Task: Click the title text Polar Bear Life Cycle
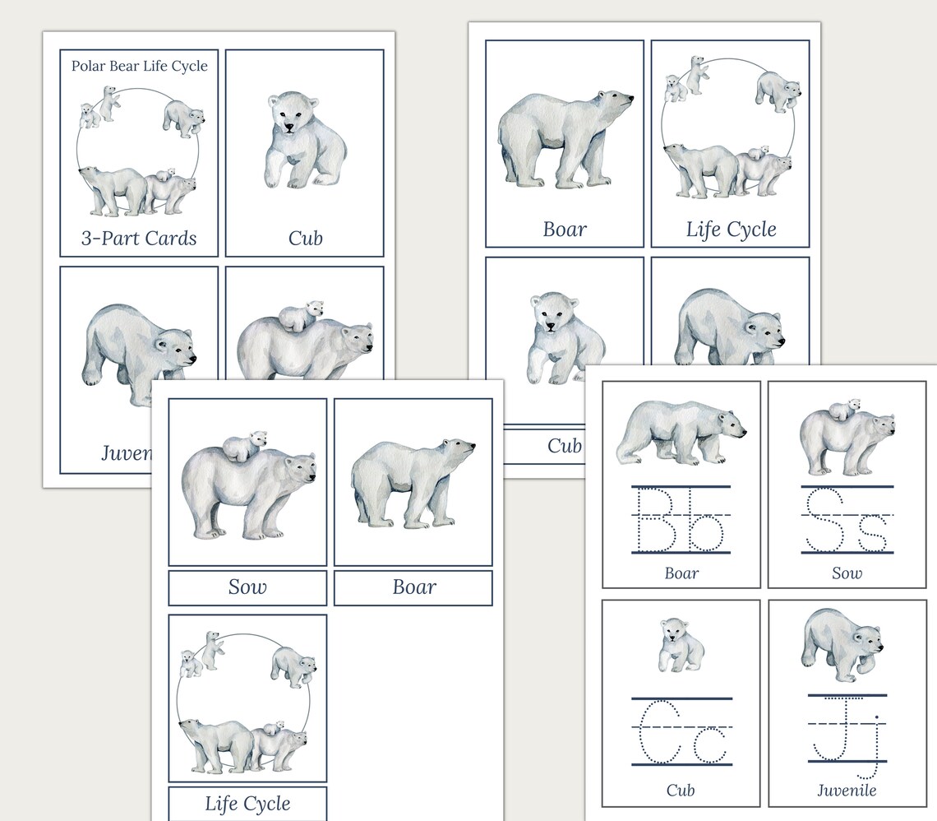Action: pos(139,66)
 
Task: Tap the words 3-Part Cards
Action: pos(139,239)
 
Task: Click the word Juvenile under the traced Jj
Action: pos(847,791)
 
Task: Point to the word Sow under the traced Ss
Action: pos(847,573)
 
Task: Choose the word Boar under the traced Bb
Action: pos(681,573)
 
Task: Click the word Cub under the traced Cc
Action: pos(681,791)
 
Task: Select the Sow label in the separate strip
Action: pos(247,587)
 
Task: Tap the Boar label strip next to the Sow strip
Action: pos(413,587)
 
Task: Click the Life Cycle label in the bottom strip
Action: pos(247,803)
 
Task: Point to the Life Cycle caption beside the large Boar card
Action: pos(731,229)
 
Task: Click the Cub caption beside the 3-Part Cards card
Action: pos(305,239)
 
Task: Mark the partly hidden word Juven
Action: pos(126,452)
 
